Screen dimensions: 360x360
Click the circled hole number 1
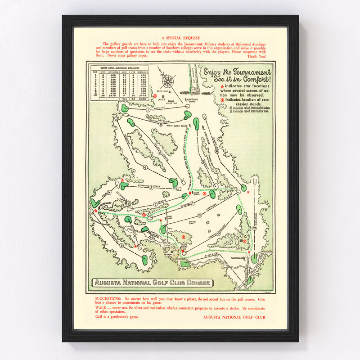148,110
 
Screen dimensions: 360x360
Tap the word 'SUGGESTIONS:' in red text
108,299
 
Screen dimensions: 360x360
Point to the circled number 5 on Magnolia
121,245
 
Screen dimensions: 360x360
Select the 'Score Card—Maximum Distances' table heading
118,67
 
